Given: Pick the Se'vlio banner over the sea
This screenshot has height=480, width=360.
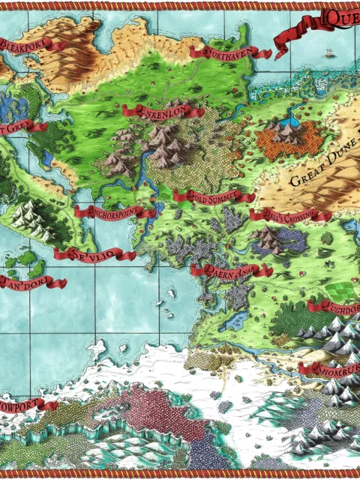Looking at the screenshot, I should pyautogui.click(x=88, y=254).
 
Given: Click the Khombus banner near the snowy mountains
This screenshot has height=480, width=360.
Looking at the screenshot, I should pyautogui.click(x=330, y=368).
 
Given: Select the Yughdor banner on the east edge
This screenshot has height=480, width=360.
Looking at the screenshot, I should pyautogui.click(x=341, y=306).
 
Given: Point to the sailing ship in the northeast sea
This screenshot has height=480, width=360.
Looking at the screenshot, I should pyautogui.click(x=329, y=53).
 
